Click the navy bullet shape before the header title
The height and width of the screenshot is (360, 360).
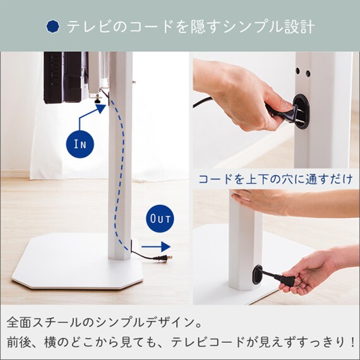click(x=54, y=27)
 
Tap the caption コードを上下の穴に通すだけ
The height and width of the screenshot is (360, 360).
click(x=275, y=179)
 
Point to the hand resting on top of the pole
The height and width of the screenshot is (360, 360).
click(x=260, y=201)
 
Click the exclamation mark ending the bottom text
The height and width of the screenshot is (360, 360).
click(x=350, y=342)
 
